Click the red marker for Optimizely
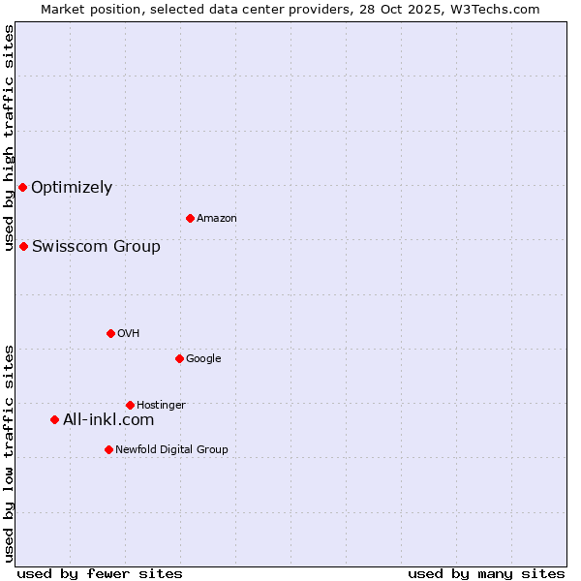click(x=22, y=187)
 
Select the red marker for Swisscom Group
click(x=23, y=246)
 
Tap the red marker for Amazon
click(x=190, y=218)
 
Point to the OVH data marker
click(x=110, y=333)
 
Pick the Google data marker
click(x=179, y=358)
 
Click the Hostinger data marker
click(x=130, y=405)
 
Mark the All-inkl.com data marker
click(x=54, y=419)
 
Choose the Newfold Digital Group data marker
click(x=108, y=449)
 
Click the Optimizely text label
click(x=72, y=188)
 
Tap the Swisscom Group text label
click(x=96, y=246)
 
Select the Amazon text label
click(x=217, y=219)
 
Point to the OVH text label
click(x=129, y=334)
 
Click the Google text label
click(x=203, y=359)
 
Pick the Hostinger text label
click(x=161, y=406)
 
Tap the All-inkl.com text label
click(x=108, y=420)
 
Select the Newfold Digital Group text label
click(x=172, y=450)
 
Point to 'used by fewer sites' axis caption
click(x=100, y=573)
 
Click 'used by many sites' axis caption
click(x=486, y=573)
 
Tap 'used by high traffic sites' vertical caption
click(x=9, y=138)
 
